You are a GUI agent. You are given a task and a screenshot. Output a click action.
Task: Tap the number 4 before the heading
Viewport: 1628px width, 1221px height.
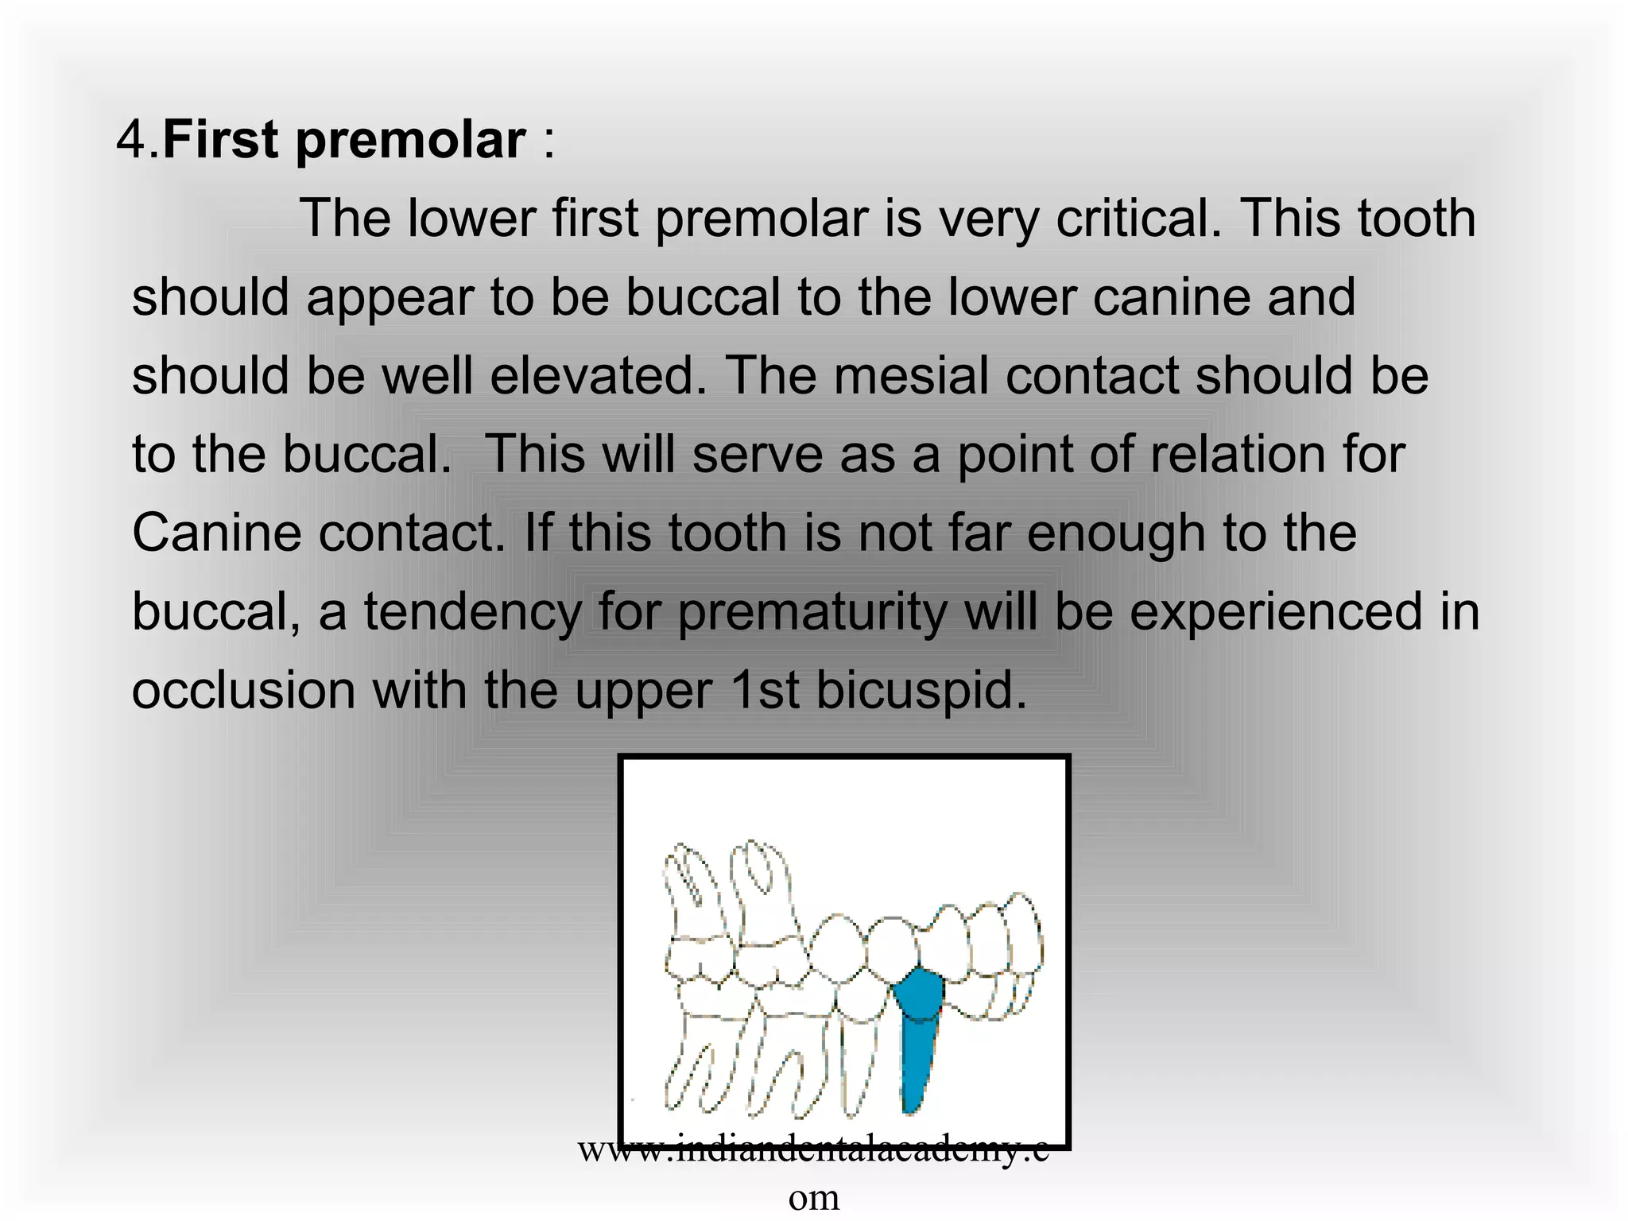click(132, 140)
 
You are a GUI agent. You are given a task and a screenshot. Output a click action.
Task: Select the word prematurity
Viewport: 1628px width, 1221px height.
click(811, 612)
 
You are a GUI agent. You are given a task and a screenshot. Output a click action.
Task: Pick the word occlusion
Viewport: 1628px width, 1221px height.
click(243, 690)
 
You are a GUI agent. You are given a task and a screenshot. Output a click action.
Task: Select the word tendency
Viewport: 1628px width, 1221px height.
click(472, 612)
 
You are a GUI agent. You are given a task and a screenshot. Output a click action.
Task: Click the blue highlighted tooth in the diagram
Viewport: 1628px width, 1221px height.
click(920, 1033)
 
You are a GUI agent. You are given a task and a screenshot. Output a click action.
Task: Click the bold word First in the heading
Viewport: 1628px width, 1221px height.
click(220, 140)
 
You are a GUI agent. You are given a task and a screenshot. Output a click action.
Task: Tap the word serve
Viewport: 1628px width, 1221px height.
click(757, 454)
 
